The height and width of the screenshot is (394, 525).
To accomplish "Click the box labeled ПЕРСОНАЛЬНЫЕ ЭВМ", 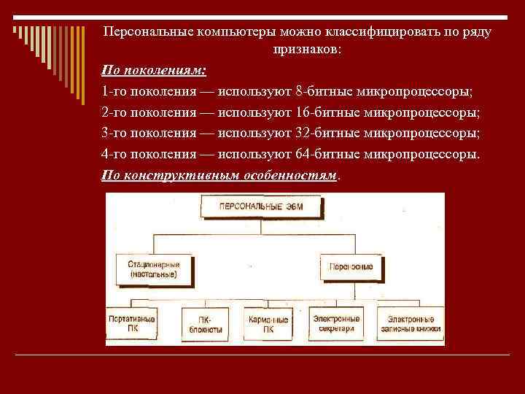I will (261, 207).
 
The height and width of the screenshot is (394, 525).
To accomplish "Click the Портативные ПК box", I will (132, 324).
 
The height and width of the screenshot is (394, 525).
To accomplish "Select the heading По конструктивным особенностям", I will (220, 176).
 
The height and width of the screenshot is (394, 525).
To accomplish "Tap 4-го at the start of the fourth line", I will (115, 155).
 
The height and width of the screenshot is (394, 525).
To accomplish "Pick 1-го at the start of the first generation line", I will (115, 92).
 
